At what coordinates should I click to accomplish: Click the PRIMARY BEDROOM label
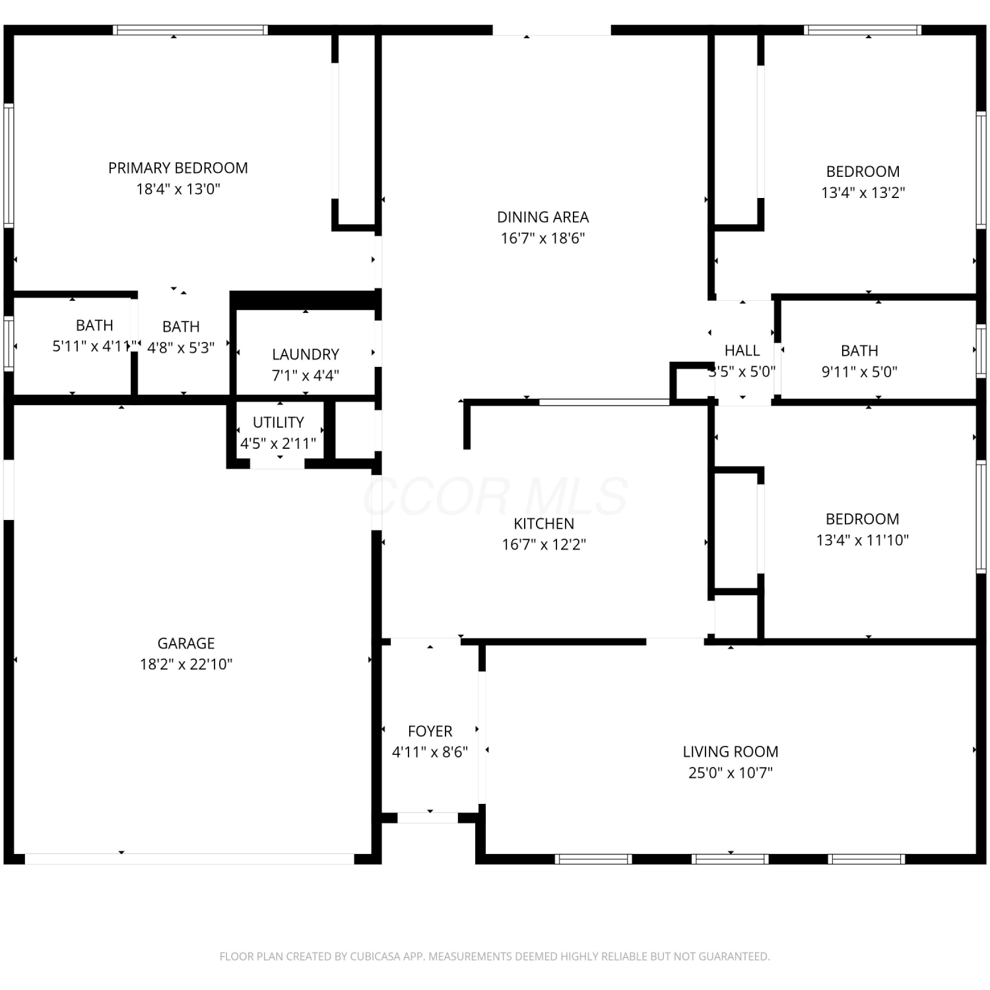tap(178, 168)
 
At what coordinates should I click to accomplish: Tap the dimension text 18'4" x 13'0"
tap(178, 189)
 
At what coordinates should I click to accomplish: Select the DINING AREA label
tap(543, 217)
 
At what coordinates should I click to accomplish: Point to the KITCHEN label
tap(544, 523)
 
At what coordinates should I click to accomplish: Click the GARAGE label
tap(186, 643)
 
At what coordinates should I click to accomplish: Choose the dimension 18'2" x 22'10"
tap(186, 664)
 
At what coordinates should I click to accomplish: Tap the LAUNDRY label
tap(306, 354)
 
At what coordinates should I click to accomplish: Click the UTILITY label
tap(279, 422)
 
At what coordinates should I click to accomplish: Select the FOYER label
tap(430, 731)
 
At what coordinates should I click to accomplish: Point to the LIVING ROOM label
tap(731, 752)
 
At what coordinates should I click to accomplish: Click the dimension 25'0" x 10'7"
tap(731, 773)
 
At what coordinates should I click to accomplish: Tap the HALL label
tap(742, 350)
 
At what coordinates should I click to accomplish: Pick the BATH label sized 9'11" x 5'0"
tap(859, 350)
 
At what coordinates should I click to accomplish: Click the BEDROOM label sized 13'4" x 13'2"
tap(863, 172)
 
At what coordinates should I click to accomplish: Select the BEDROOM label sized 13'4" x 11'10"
tap(863, 519)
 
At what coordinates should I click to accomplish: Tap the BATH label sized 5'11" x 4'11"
tap(94, 325)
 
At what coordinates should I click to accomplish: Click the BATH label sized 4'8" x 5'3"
tap(181, 327)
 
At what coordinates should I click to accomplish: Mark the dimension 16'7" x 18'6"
tap(543, 238)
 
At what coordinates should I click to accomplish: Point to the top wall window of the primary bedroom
tap(190, 30)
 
